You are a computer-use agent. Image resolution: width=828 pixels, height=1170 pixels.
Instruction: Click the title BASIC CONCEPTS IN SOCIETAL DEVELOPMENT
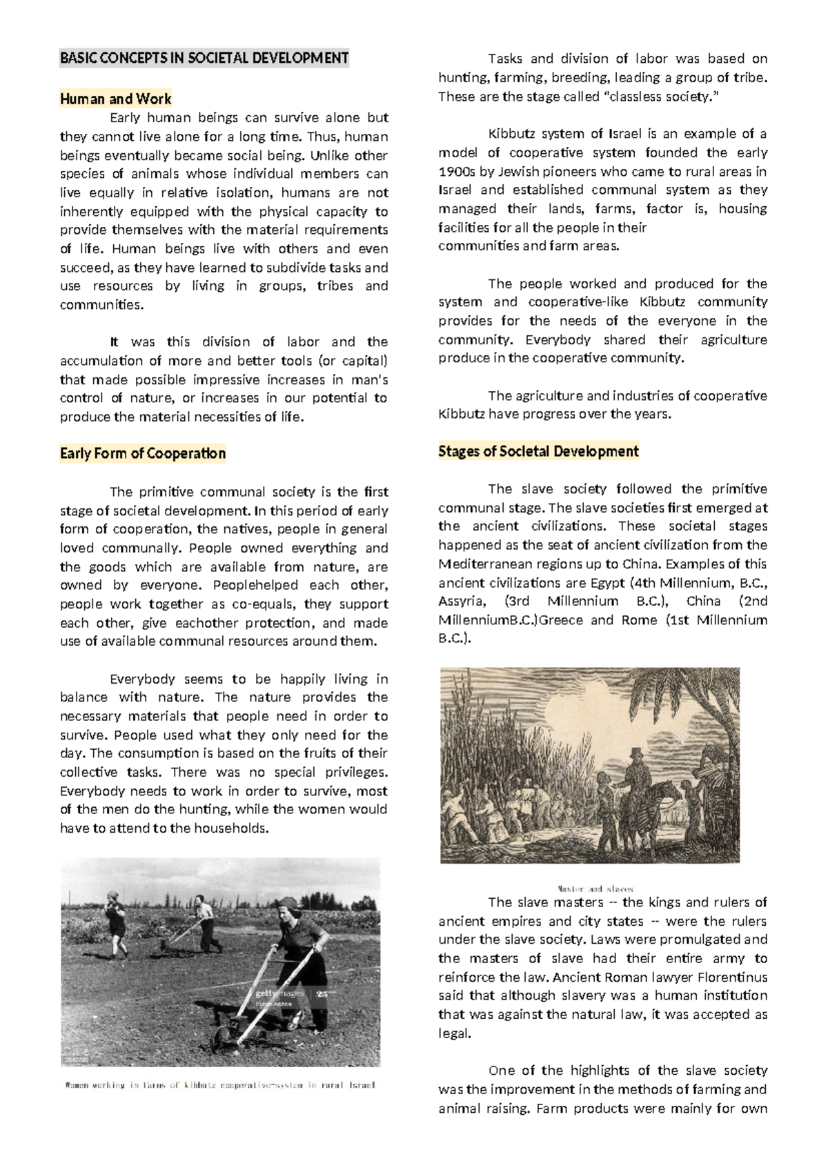tap(204, 58)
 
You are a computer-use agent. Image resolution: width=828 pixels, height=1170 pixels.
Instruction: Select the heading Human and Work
tap(115, 99)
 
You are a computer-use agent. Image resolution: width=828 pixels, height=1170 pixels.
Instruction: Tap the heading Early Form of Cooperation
tap(143, 453)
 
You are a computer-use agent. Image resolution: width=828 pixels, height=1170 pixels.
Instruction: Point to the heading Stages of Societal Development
tap(538, 451)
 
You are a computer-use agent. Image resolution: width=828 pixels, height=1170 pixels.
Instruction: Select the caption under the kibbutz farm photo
tap(219, 1084)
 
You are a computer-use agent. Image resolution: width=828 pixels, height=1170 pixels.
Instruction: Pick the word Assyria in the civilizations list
tap(462, 601)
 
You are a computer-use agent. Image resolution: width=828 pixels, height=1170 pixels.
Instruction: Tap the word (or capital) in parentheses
tap(349, 361)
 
